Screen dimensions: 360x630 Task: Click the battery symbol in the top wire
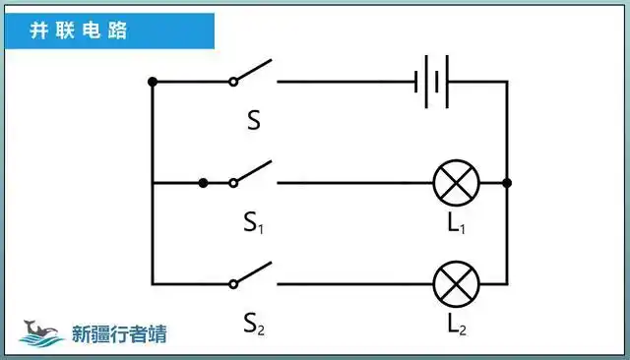[x=432, y=82]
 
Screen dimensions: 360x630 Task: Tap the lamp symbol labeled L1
[x=457, y=183]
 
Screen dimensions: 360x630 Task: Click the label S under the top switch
[x=253, y=122]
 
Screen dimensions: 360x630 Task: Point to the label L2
[x=456, y=322]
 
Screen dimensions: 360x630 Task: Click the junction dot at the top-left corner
[x=152, y=82]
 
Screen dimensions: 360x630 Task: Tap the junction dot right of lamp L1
[x=506, y=183]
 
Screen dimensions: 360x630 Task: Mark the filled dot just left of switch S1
[x=203, y=183]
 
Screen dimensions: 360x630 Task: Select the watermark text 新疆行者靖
[x=119, y=334]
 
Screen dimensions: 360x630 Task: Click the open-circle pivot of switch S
[x=234, y=82]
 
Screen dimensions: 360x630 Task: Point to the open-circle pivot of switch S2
[x=234, y=284]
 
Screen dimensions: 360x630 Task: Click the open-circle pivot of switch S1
[x=234, y=183]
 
